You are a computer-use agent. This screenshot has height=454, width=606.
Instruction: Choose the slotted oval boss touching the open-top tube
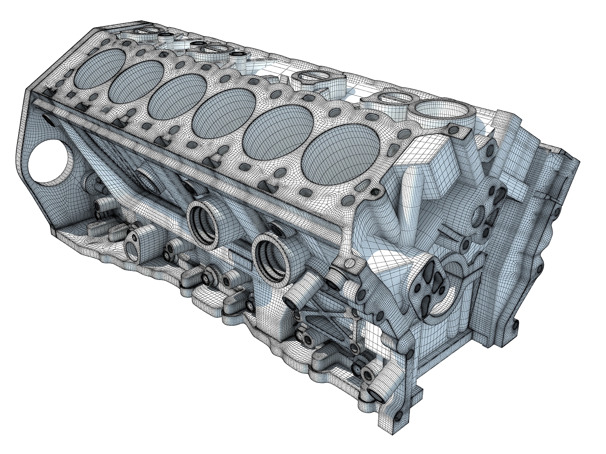pyautogui.click(x=394, y=98)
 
